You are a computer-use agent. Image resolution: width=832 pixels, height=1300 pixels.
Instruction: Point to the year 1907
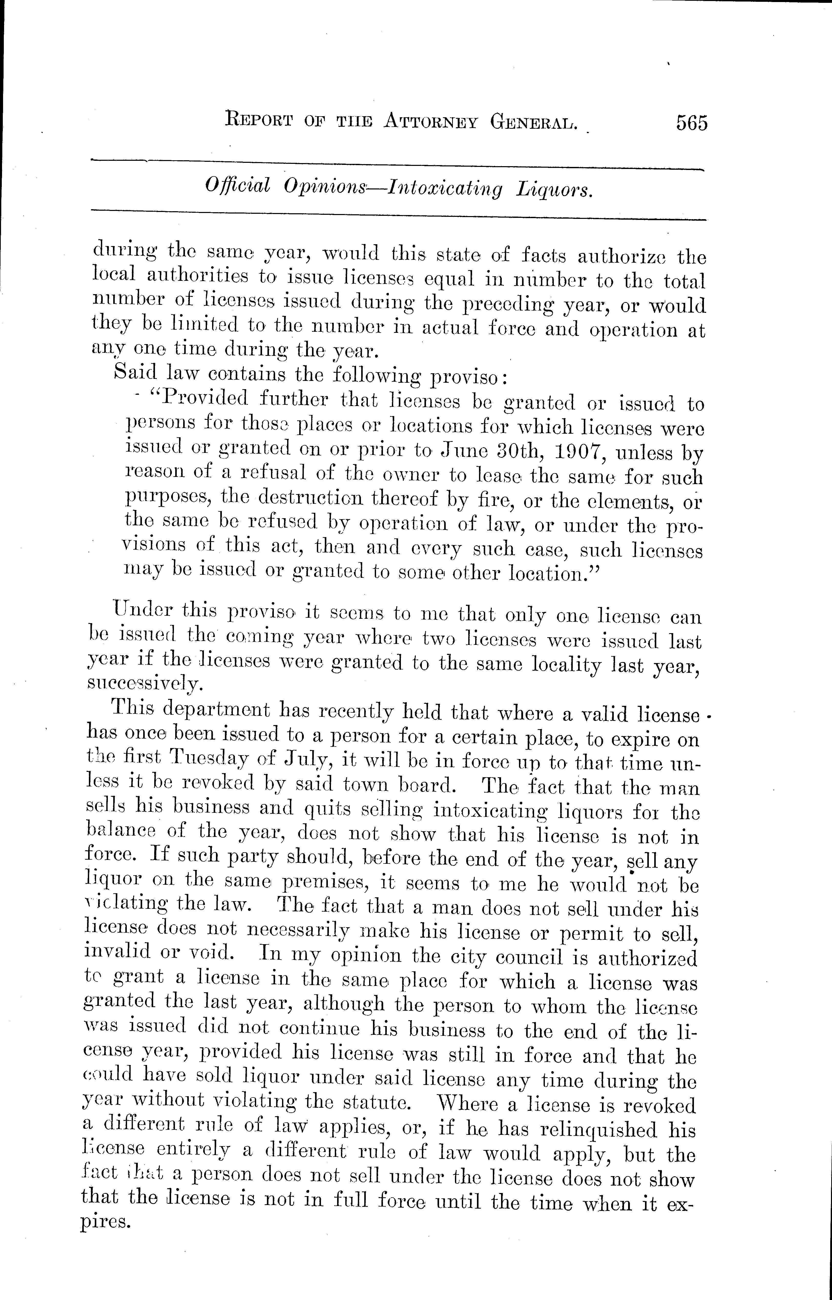(573, 450)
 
